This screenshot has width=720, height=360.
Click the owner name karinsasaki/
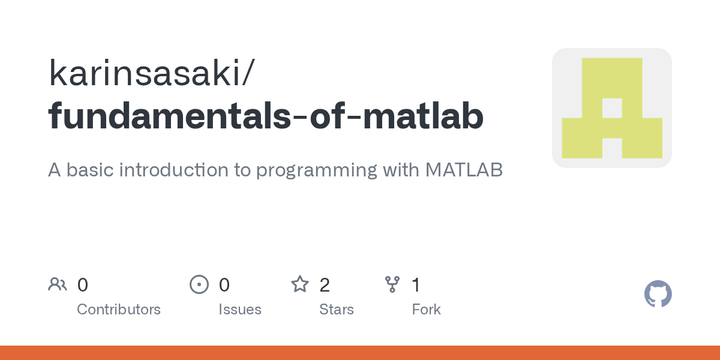[x=152, y=74]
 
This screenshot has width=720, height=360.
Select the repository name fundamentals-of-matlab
[x=266, y=116]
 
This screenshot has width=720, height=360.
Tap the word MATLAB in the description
[x=464, y=170]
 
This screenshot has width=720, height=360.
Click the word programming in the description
[x=316, y=170]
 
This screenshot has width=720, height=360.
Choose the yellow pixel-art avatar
[x=611, y=108]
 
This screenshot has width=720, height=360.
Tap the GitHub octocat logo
[x=658, y=295]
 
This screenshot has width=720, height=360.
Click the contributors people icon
[x=58, y=284]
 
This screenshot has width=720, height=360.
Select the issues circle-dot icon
[x=199, y=284]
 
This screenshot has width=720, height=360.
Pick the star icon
[x=299, y=284]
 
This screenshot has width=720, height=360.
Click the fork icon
[x=392, y=284]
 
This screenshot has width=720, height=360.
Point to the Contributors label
[x=119, y=310]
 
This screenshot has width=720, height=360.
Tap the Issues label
[x=240, y=310]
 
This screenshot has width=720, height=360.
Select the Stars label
[x=337, y=310]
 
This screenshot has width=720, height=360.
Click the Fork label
[x=426, y=310]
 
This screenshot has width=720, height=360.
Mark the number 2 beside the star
[x=325, y=285]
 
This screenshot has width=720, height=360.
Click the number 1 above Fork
[x=416, y=285]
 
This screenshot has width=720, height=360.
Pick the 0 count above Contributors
[x=83, y=285]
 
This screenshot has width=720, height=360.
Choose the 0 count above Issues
[x=224, y=285]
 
